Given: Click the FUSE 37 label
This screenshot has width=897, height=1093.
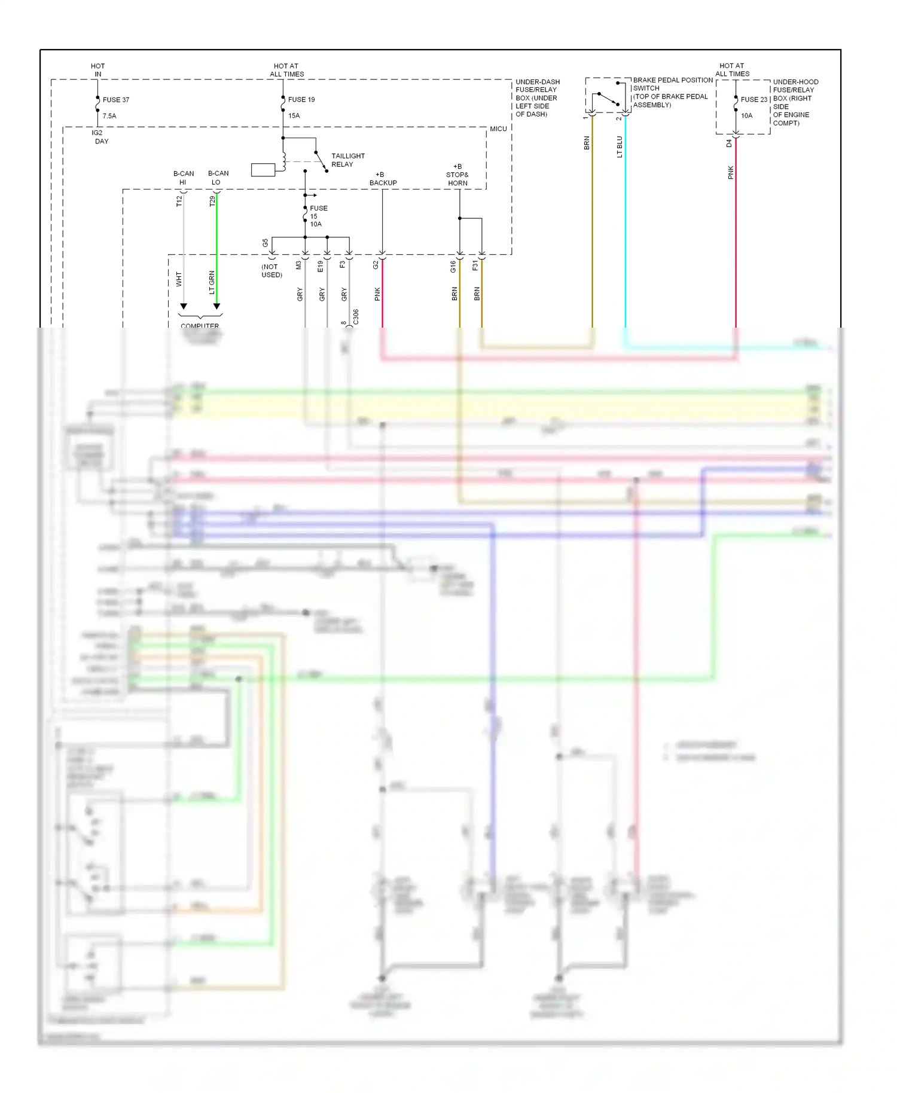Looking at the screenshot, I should pos(116,100).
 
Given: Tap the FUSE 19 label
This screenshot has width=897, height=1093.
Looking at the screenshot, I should pos(301,100).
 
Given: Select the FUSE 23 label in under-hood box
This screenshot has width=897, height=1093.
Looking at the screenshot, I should pos(753,100).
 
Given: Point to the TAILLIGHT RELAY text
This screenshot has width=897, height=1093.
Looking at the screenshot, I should pos(347,160).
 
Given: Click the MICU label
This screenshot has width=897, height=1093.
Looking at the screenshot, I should pos(498,129).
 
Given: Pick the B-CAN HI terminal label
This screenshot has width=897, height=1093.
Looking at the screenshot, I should pos(184,178).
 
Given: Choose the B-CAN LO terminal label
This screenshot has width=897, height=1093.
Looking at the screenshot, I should pos(218,178).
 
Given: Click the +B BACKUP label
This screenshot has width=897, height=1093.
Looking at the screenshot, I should pos(383,179).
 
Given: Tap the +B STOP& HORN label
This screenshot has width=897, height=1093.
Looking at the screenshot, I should pos(457,175).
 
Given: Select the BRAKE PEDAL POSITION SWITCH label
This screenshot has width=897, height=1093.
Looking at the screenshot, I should pos(672,92).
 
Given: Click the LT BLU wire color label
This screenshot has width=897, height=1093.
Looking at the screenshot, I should pos(620,147).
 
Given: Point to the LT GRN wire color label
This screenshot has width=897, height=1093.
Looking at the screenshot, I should pos(212,283).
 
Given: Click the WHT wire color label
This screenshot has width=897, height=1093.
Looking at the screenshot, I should pos(179,279).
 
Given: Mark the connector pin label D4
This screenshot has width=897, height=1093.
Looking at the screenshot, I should pos(729,144).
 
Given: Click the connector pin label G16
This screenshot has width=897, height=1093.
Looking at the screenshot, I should pos(453,267).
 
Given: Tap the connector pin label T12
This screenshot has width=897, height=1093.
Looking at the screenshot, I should pos(179,201).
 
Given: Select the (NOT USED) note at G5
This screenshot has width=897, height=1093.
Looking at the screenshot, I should pos(271,271).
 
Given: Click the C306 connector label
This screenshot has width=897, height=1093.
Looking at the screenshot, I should pos(356,317).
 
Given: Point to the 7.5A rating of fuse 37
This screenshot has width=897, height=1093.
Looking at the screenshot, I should pos(109,116).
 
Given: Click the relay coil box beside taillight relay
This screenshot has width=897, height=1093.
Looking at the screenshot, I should pos(263,170).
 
